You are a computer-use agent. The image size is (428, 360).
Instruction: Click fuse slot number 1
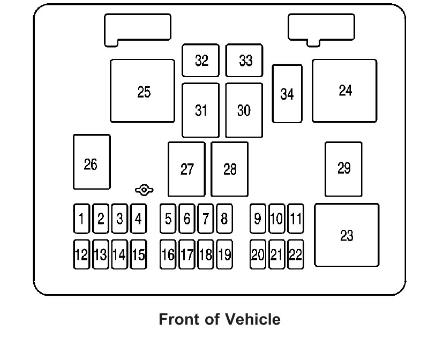(81, 219)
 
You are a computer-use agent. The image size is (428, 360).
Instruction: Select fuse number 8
(224, 219)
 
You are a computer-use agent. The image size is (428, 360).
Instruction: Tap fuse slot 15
(138, 254)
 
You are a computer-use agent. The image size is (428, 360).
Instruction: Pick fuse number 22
(295, 254)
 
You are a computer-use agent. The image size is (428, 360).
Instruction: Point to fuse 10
(276, 219)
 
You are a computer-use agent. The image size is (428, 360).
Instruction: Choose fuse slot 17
(186, 254)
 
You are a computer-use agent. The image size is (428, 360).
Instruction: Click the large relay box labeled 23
(347, 235)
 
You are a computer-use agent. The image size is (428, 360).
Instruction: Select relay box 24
(344, 91)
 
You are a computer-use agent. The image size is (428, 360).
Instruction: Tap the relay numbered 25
(142, 91)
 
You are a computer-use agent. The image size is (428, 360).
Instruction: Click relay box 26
(92, 162)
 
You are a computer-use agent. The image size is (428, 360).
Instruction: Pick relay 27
(186, 169)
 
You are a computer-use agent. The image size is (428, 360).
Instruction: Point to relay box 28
(230, 169)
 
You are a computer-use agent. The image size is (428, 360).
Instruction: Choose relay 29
(343, 169)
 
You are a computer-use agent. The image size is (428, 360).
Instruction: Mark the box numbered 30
(244, 110)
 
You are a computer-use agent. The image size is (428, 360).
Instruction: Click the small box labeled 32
(201, 61)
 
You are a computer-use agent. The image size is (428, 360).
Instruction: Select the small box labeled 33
(244, 61)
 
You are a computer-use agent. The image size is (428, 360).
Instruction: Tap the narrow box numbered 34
(287, 94)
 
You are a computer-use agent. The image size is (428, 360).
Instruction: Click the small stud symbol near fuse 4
(144, 190)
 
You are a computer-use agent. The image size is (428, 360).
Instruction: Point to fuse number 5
(168, 219)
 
